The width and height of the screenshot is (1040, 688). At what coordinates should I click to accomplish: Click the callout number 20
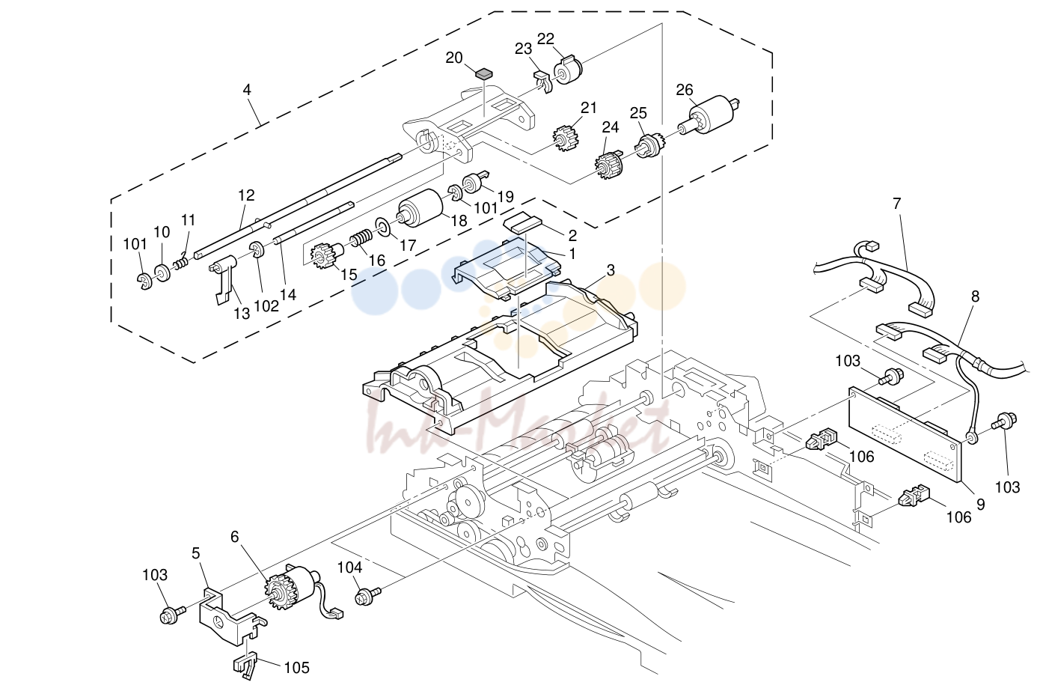(x=453, y=58)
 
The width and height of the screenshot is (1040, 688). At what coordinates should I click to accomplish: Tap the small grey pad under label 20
(x=484, y=73)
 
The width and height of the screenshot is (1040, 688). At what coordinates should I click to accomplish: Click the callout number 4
(x=247, y=89)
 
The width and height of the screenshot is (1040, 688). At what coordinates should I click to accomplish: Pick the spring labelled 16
(x=361, y=239)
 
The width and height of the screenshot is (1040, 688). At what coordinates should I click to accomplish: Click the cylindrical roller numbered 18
(x=420, y=208)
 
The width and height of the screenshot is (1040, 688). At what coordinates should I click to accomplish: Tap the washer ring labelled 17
(x=384, y=226)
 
